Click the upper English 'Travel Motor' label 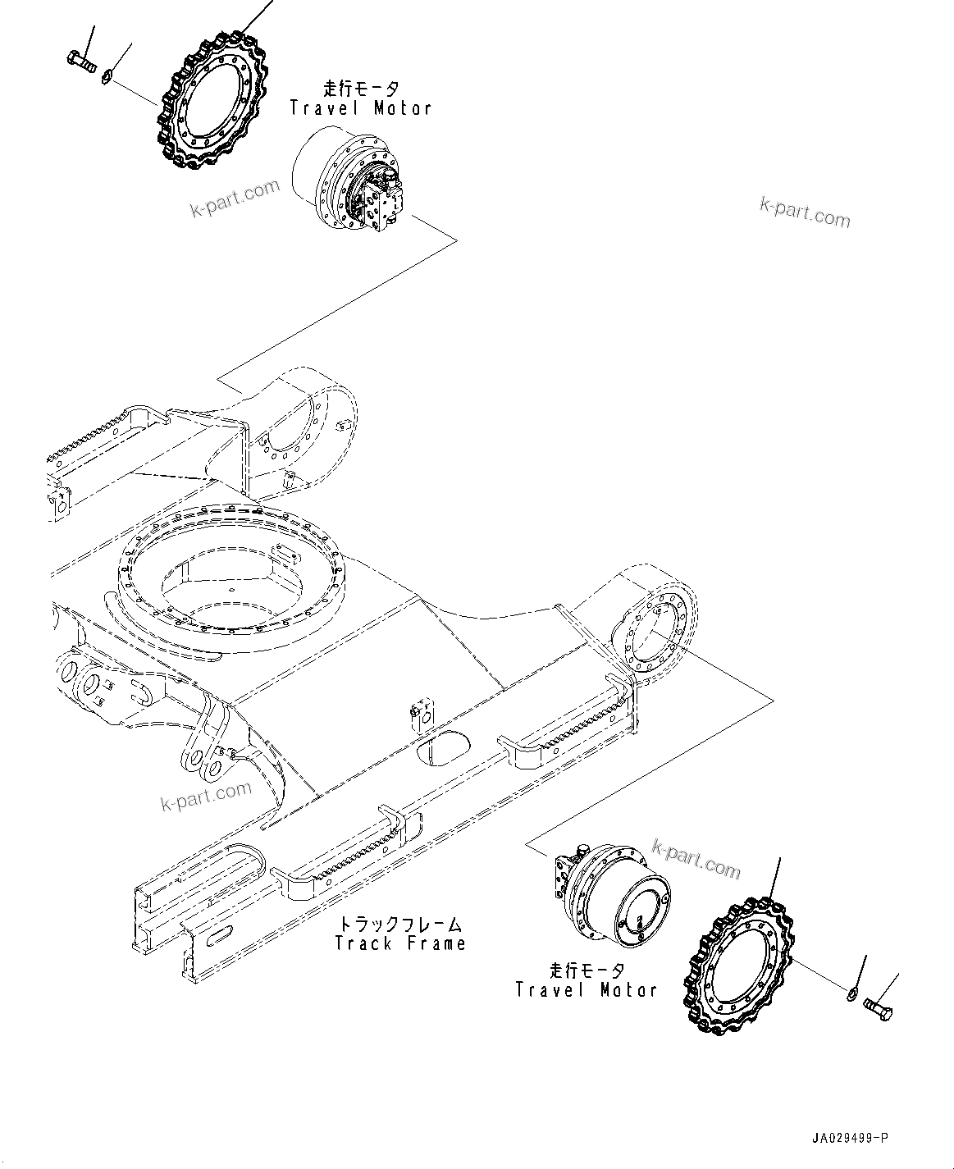coord(360,108)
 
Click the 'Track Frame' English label coord(400,943)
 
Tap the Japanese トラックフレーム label coord(400,924)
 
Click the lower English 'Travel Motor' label coord(586,990)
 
